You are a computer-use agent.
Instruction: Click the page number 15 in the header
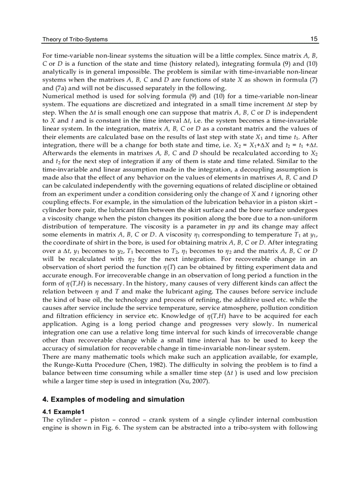314,39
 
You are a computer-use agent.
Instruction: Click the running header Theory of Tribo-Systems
75,40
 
